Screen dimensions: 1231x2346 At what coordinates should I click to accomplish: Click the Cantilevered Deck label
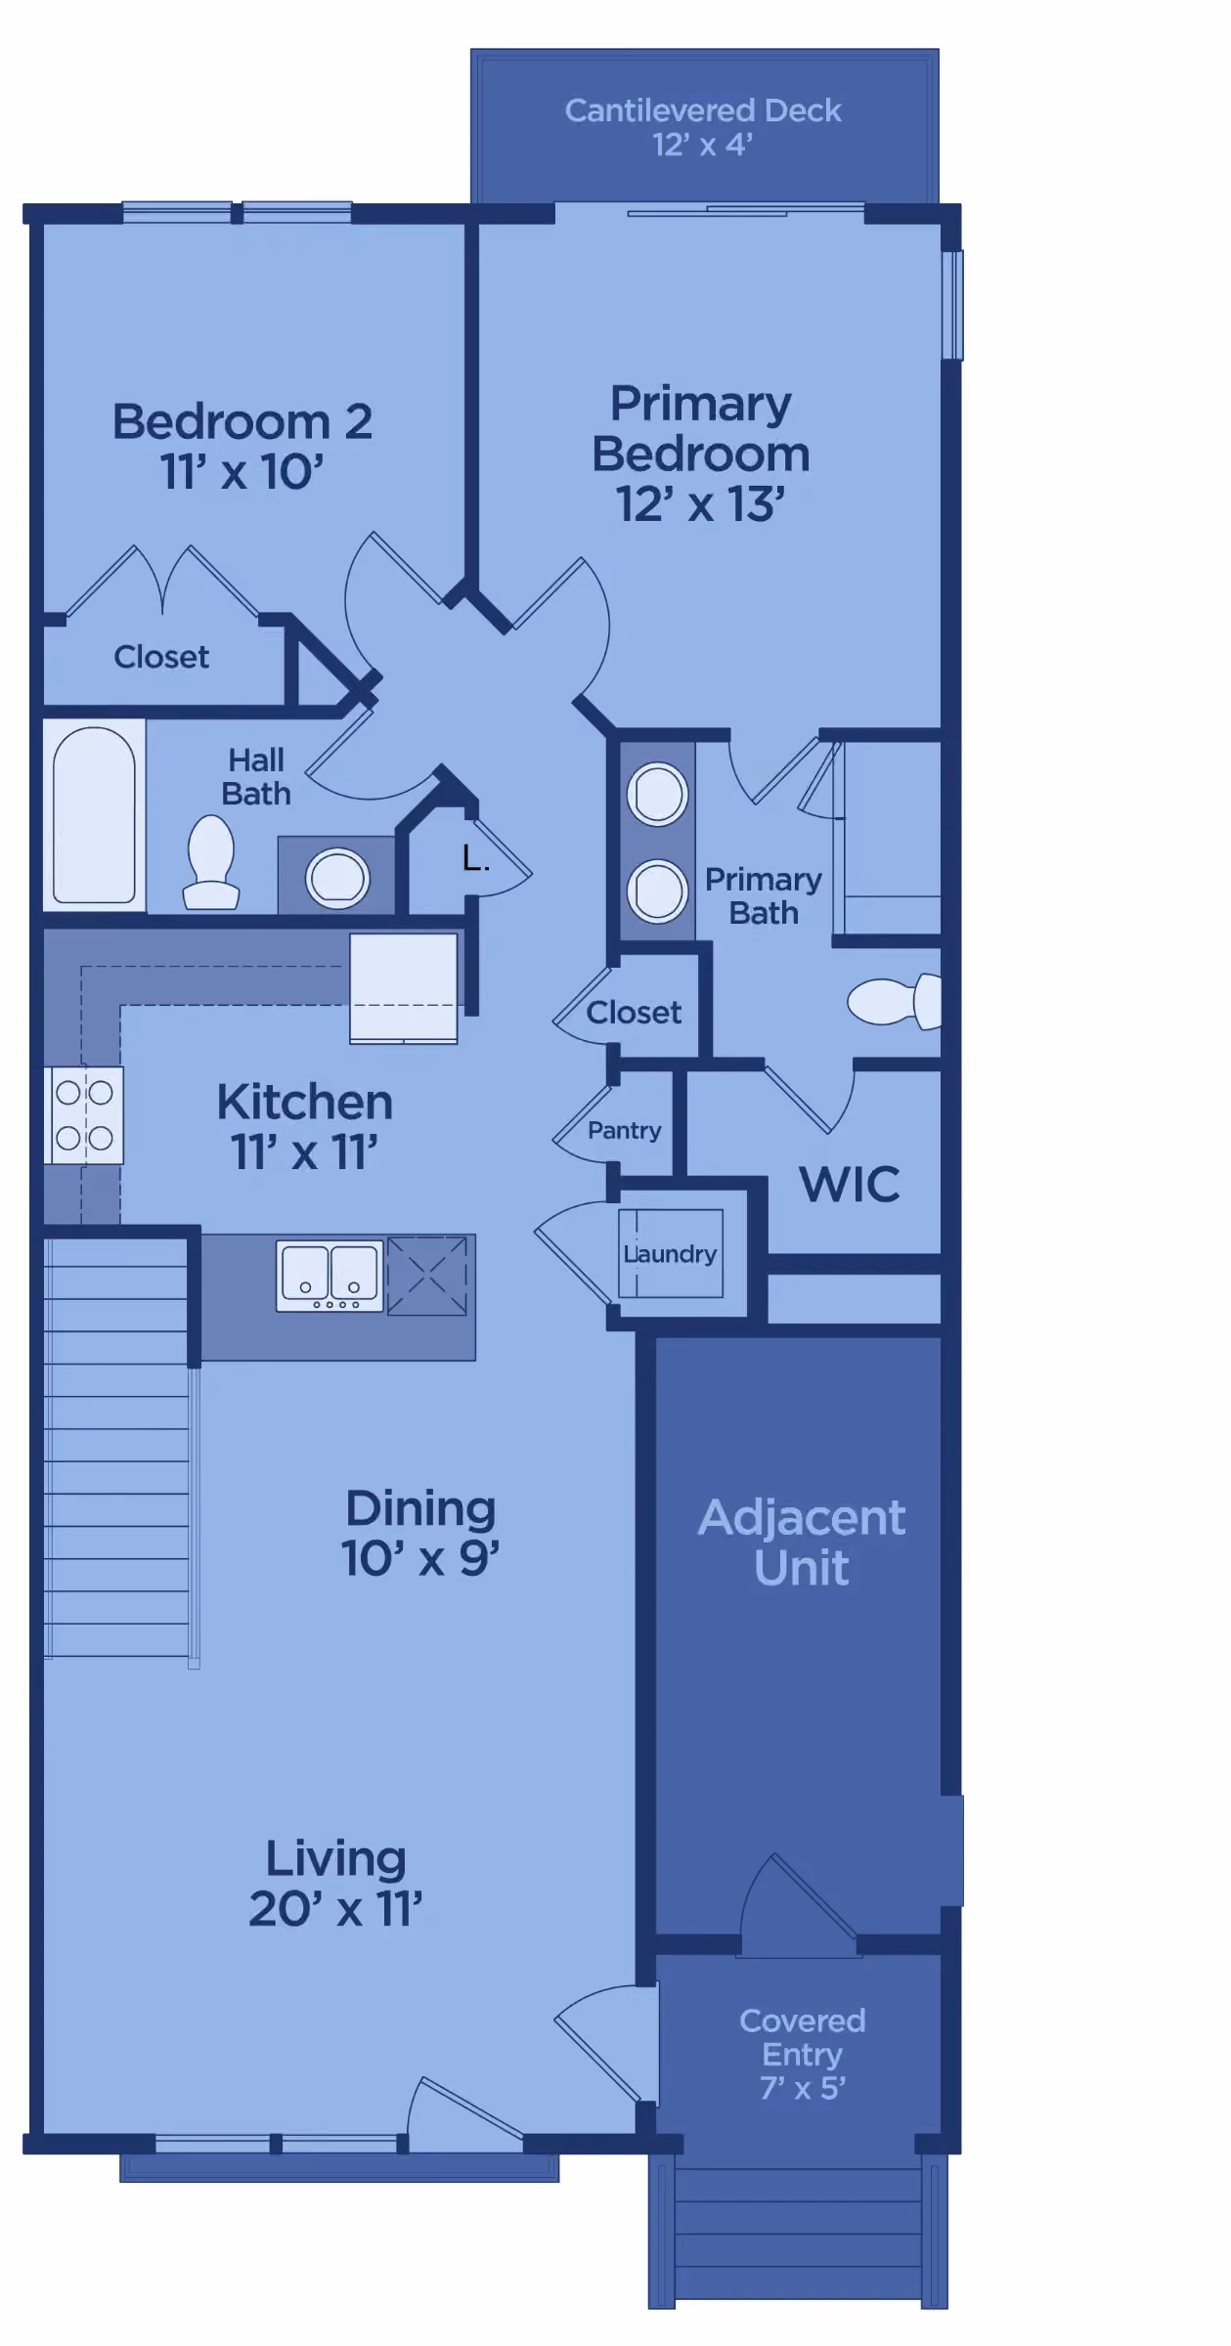pyautogui.click(x=702, y=127)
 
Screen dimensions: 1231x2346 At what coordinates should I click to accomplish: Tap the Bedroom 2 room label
pyautogui.click(x=242, y=422)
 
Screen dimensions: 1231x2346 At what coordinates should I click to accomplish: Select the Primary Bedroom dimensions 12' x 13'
pyautogui.click(x=700, y=504)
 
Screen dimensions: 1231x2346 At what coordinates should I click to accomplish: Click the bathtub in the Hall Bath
pyautogui.click(x=94, y=815)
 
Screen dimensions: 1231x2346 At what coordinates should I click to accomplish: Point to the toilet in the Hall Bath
pyautogui.click(x=211, y=863)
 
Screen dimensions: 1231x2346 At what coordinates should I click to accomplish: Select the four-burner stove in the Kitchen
pyautogui.click(x=84, y=1115)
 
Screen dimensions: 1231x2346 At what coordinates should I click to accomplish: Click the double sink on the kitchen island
pyautogui.click(x=330, y=1277)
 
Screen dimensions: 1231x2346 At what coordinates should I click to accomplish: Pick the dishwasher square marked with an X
pyautogui.click(x=427, y=1276)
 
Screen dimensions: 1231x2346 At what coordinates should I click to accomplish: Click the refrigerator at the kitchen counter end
pyautogui.click(x=404, y=988)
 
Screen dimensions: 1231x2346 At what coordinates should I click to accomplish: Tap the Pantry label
pyautogui.click(x=625, y=1131)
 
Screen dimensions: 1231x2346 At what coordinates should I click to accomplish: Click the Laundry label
pyautogui.click(x=671, y=1254)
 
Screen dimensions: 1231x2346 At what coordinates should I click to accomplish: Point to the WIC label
pyautogui.click(x=850, y=1185)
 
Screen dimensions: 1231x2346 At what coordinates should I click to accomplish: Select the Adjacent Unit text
pyautogui.click(x=802, y=1542)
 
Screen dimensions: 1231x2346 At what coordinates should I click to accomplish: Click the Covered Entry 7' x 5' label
pyautogui.click(x=802, y=2055)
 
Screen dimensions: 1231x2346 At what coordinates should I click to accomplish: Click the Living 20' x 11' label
pyautogui.click(x=335, y=1884)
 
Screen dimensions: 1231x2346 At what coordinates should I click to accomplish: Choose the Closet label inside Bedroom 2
pyautogui.click(x=161, y=657)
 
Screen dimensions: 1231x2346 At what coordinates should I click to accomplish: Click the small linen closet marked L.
pyautogui.click(x=475, y=859)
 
